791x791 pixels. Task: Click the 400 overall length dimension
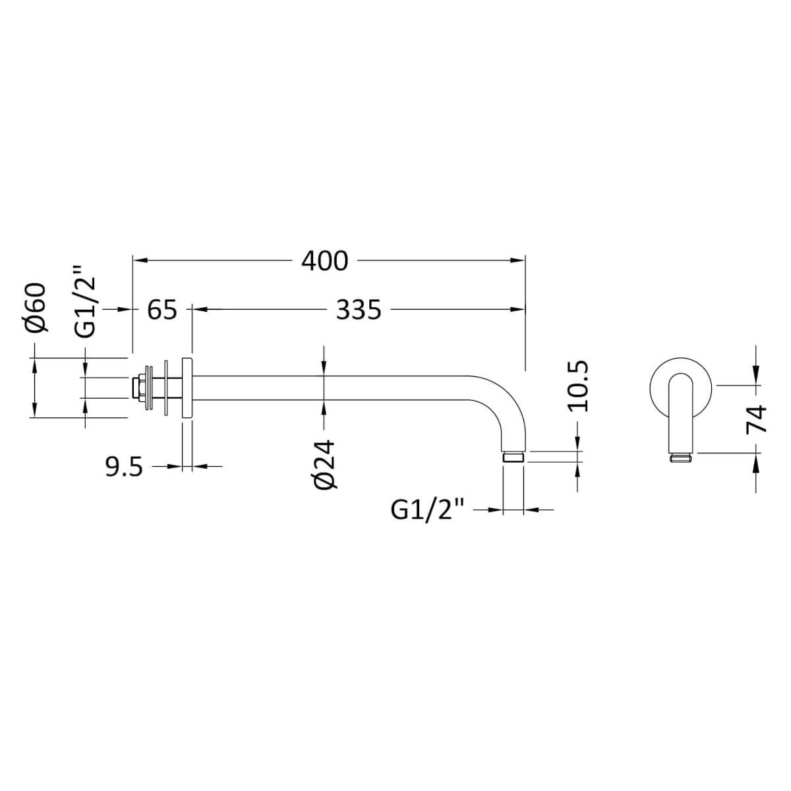324,261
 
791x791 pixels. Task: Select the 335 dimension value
359,309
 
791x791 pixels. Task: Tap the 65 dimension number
162,309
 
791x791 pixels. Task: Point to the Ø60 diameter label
37,307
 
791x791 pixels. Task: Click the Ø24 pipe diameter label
326,465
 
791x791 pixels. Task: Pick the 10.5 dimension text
577,386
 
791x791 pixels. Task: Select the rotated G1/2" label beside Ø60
86,303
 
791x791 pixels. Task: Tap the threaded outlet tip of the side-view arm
513,457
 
